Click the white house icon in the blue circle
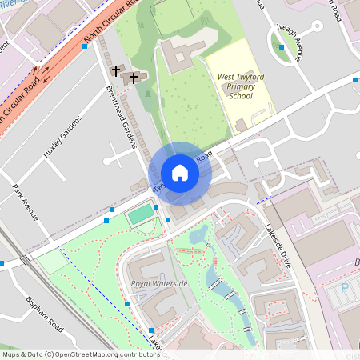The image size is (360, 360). click(x=180, y=173)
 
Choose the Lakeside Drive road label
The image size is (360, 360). click(x=278, y=243)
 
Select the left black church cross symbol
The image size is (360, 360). click(x=116, y=71)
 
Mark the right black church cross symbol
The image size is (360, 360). click(x=134, y=77)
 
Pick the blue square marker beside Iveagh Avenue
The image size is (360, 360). click(x=282, y=47)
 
